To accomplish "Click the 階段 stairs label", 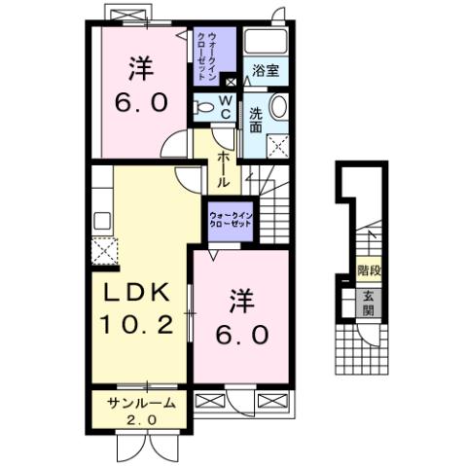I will (369, 269).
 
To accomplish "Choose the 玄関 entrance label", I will (369, 304).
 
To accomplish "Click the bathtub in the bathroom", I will (264, 42).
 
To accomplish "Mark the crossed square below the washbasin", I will (279, 146).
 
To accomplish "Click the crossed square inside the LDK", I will (104, 250).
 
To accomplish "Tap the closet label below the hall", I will (232, 218).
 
